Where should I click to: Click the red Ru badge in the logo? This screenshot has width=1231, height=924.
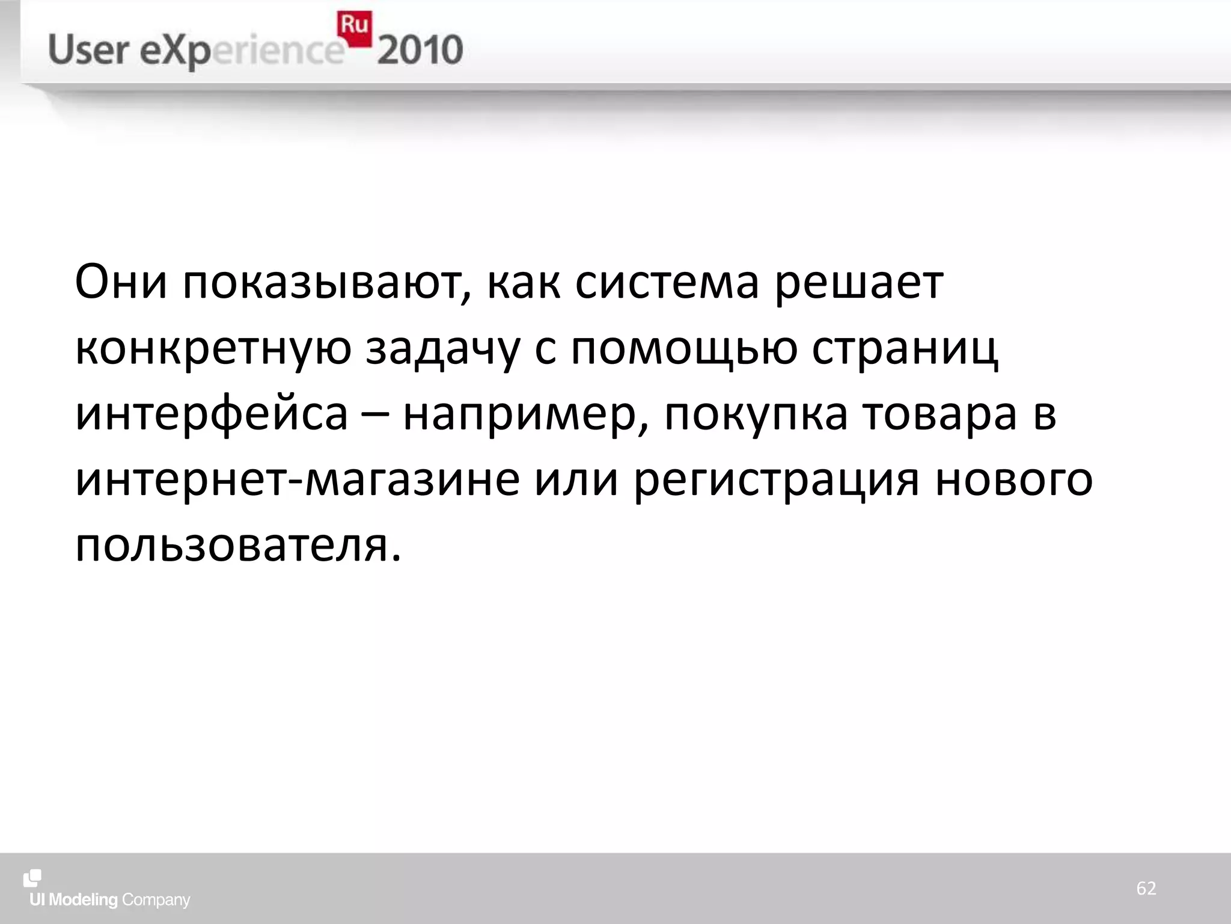[355, 28]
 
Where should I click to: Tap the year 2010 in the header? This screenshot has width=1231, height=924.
[420, 50]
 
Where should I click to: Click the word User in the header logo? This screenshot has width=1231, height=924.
[88, 50]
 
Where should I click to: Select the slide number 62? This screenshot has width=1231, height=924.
[1146, 888]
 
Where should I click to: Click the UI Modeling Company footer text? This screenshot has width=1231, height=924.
[110, 900]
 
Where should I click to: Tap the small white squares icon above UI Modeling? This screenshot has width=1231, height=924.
[32, 878]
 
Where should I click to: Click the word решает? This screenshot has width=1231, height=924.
[859, 283]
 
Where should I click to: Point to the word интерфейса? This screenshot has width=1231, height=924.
[212, 415]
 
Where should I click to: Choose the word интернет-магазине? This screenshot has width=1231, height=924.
[298, 481]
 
